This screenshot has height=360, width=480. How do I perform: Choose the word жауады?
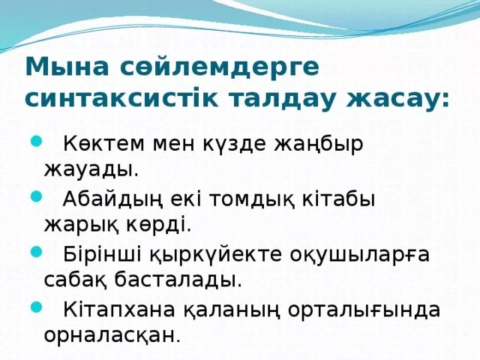(91, 169)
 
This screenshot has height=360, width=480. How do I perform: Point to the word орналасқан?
(112, 335)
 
